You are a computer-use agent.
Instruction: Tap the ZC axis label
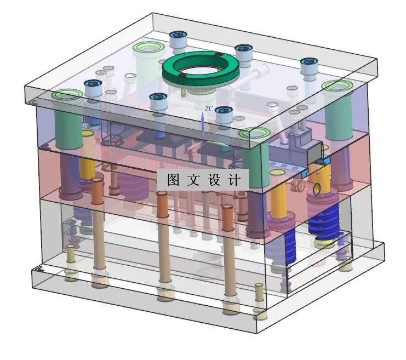pos(209,109)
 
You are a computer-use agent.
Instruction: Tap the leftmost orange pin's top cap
pos(96,182)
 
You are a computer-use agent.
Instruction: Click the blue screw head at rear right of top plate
pos(308,64)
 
